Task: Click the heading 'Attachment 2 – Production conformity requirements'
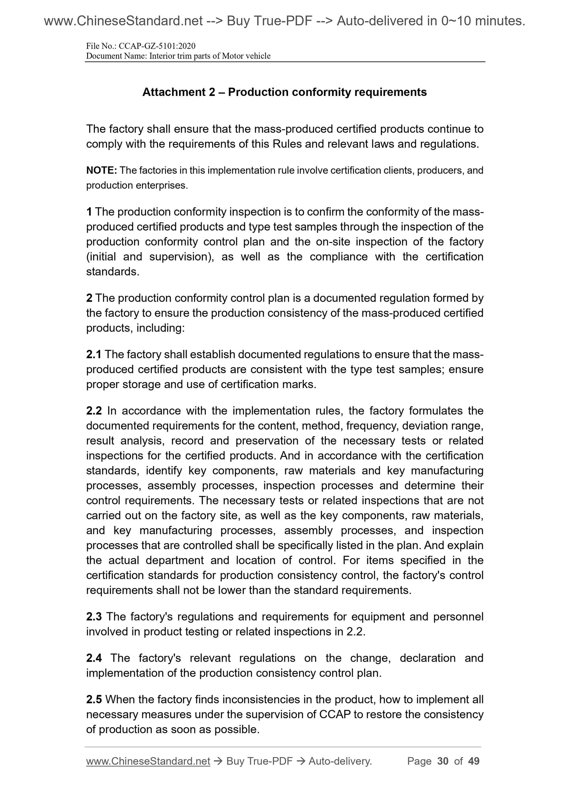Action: [x=284, y=92]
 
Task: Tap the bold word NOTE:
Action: [x=101, y=171]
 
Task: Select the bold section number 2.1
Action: [x=94, y=355]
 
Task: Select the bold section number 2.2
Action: [x=94, y=411]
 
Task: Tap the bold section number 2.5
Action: [x=94, y=700]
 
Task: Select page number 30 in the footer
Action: [x=443, y=761]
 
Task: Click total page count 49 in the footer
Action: [x=473, y=761]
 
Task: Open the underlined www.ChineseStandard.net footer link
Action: [x=148, y=761]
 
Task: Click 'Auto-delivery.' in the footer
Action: [x=340, y=761]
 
